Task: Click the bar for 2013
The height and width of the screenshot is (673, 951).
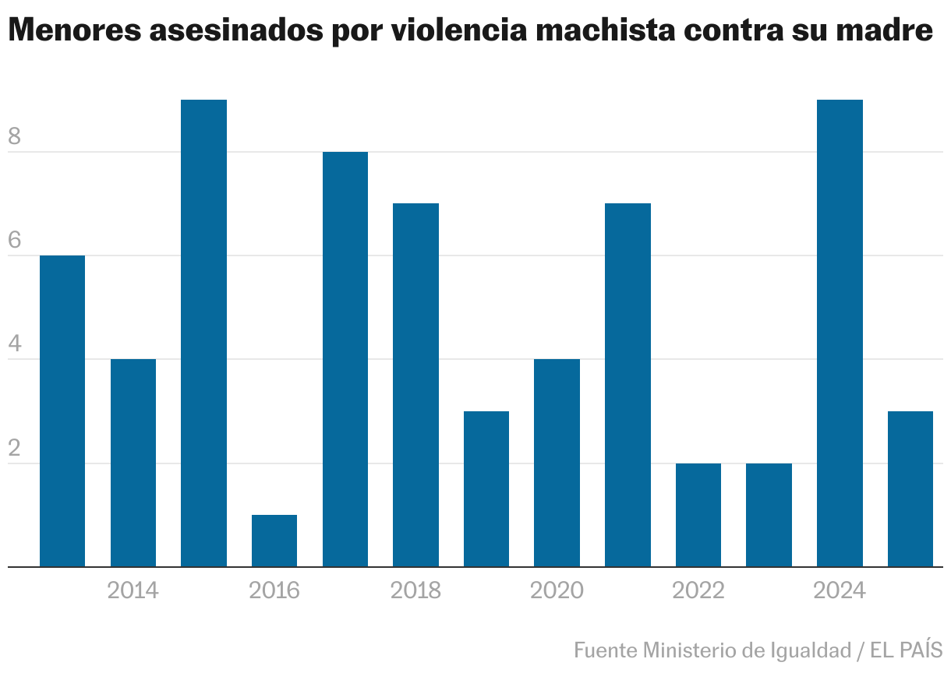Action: pos(62,410)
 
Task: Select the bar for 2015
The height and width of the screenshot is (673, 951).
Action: pos(203,333)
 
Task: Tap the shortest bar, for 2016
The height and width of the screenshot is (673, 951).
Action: pos(274,541)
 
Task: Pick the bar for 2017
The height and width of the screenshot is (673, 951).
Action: pos(345,359)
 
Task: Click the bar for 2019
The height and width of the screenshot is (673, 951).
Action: pos(486,488)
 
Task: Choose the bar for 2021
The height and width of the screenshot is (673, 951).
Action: pos(628,385)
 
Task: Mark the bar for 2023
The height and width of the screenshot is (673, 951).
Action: pos(769,515)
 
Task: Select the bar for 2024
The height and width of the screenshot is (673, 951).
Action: pos(840,333)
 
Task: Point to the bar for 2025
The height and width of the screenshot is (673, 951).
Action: pos(910,488)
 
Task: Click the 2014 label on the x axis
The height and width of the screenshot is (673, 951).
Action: pos(133,591)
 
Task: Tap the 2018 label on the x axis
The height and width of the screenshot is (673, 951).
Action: pos(415,591)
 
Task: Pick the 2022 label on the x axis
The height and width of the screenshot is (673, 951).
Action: pos(698,591)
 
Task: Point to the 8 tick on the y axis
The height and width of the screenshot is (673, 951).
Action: pos(15,138)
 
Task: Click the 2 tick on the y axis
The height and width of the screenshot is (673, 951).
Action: pos(15,449)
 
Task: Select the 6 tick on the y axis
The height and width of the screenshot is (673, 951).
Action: pos(15,241)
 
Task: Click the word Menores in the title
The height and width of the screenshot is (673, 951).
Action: pos(74,32)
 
